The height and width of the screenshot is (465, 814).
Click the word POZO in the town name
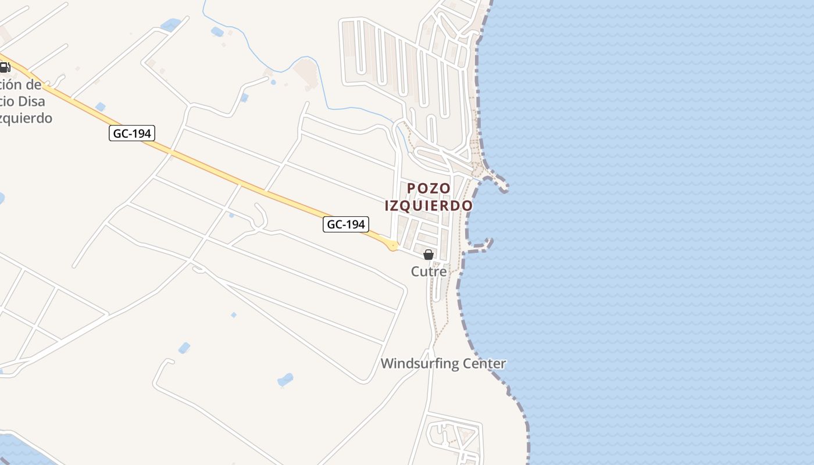coord(429,188)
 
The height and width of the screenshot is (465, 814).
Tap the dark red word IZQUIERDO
coord(429,206)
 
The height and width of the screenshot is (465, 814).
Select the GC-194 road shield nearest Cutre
coord(346,224)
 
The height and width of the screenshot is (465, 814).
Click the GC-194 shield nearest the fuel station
coord(131,134)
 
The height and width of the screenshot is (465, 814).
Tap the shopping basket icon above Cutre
coord(429,255)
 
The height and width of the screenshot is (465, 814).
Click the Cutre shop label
coord(429,271)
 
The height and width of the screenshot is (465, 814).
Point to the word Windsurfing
coord(417,364)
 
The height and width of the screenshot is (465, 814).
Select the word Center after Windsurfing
coord(483,364)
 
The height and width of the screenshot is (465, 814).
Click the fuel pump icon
coord(5,67)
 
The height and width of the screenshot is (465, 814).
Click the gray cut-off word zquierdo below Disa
coord(26,119)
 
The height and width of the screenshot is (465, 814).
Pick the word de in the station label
coord(34,85)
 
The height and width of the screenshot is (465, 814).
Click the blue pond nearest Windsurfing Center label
coord(285,380)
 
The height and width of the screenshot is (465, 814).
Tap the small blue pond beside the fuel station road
coord(101,106)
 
